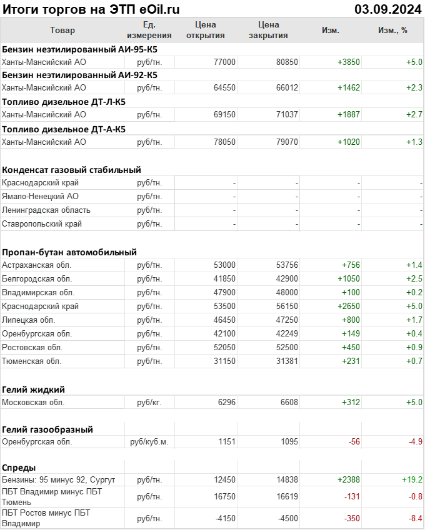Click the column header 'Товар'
tap(62, 30)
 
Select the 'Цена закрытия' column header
tap(268, 30)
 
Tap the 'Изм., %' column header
tap(392, 30)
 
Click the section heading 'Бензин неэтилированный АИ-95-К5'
tap(79, 49)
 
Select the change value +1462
tap(348, 88)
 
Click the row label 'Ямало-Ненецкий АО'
tap(41, 196)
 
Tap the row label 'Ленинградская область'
tap(46, 210)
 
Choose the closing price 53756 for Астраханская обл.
tap(287, 265)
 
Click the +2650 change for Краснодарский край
tap(348, 307)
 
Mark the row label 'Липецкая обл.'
tap(29, 320)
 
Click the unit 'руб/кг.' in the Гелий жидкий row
tap(149, 403)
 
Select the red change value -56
tap(354, 442)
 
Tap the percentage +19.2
tap(412, 479)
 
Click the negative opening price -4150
tap(223, 518)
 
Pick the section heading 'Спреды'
tap(19, 467)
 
